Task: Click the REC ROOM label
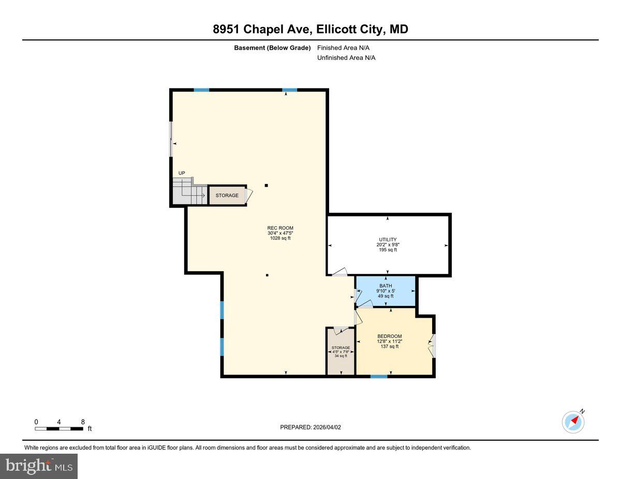(x=280, y=228)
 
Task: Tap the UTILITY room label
(x=388, y=239)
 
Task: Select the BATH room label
(x=386, y=286)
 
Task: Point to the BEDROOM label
(x=389, y=336)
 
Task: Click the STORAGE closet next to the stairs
(x=227, y=195)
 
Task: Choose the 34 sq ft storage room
(x=341, y=351)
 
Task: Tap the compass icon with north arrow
(x=573, y=422)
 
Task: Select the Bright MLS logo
(x=39, y=466)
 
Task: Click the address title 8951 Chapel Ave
(x=310, y=29)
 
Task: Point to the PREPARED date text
(x=310, y=427)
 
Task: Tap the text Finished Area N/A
(x=343, y=48)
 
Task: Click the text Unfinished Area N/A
(x=346, y=58)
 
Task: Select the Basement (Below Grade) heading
(x=272, y=48)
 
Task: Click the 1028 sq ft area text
(x=280, y=238)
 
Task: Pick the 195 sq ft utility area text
(x=388, y=250)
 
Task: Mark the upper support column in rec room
(x=267, y=185)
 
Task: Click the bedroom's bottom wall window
(x=379, y=376)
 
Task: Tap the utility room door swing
(x=339, y=272)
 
